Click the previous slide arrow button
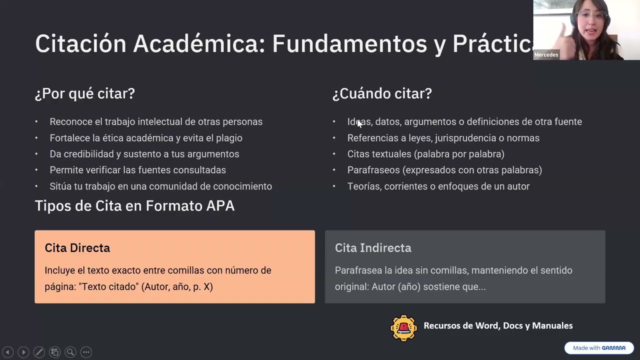tap(7, 352)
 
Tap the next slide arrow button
tap(23, 352)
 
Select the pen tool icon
tap(39, 352)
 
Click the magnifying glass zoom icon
tap(70, 352)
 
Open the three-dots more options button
tap(86, 352)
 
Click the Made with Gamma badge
tap(599, 348)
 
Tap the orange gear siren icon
tap(403, 328)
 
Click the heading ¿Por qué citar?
tap(85, 93)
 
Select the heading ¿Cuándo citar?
tap(382, 93)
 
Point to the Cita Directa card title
tap(77, 248)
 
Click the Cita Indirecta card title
tap(373, 248)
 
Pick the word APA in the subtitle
tap(220, 206)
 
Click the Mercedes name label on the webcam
tap(546, 55)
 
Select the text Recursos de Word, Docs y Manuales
tap(498, 326)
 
